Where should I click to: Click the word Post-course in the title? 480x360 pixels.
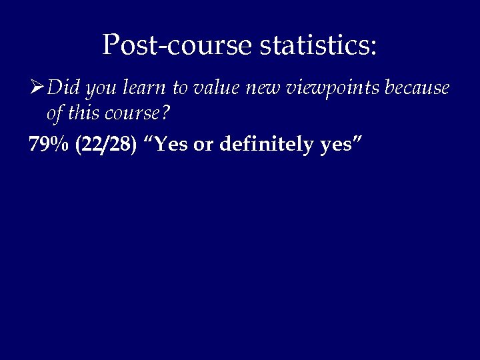point(177,45)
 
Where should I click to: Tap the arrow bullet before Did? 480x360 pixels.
point(37,87)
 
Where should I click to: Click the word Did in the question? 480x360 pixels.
point(64,87)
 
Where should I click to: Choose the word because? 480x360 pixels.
point(416,87)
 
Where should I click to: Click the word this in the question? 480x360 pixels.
point(81,114)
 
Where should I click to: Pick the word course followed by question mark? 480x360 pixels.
point(137,115)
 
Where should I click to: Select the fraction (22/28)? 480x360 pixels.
point(106,145)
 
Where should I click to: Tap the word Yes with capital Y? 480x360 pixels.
point(171,145)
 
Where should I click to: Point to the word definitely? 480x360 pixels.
point(268,145)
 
